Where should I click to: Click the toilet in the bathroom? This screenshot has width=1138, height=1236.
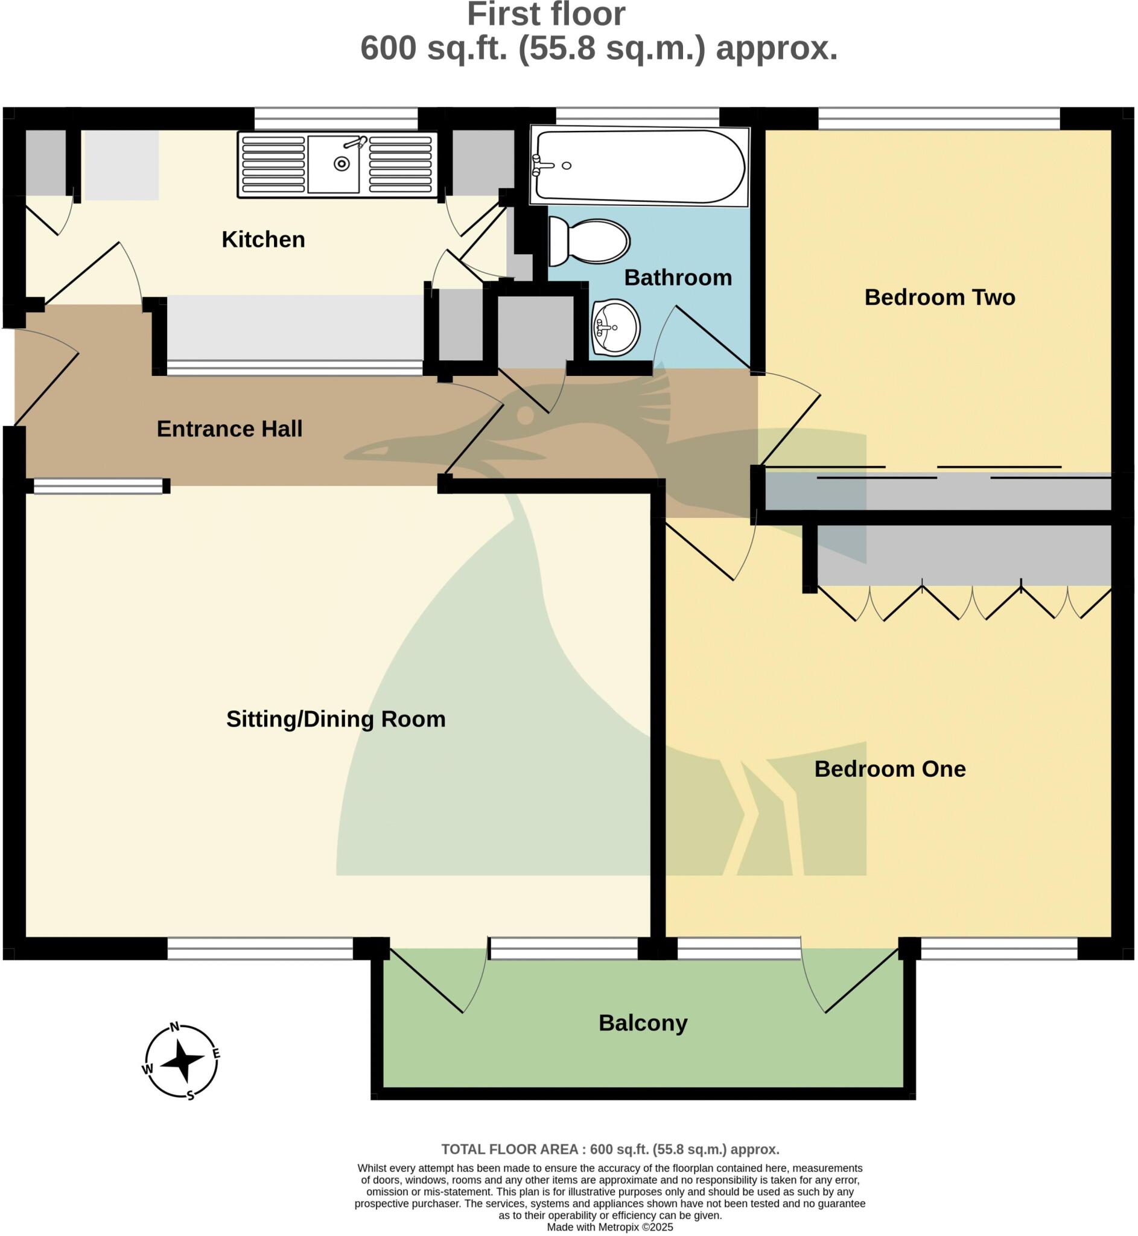click(x=590, y=241)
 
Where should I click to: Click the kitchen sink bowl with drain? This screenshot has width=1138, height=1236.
click(x=334, y=164)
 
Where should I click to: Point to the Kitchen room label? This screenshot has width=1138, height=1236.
click(x=263, y=240)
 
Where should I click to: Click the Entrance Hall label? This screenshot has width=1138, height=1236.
click(x=229, y=428)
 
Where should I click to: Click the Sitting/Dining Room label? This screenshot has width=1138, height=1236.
click(x=335, y=719)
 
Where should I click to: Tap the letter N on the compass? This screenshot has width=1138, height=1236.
click(x=174, y=1027)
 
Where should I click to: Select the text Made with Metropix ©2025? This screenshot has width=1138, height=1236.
click(x=609, y=1227)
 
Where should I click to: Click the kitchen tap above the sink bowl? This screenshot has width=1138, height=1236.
click(x=356, y=143)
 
